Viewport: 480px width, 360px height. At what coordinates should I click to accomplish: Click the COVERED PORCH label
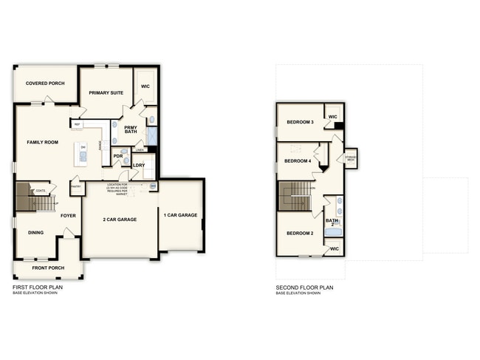[45, 84]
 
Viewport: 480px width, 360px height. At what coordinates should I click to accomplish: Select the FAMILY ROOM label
[43, 142]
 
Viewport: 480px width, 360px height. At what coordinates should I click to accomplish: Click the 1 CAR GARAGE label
[180, 215]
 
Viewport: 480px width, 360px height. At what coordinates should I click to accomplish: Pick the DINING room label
[35, 233]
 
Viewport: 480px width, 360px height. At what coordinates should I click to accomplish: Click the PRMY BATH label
[131, 130]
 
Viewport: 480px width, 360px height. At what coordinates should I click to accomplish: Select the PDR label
[117, 156]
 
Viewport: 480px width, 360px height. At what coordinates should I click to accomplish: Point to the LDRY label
[139, 165]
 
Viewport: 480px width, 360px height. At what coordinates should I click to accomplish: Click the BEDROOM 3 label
[300, 122]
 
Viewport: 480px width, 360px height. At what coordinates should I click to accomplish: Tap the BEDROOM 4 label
[297, 160]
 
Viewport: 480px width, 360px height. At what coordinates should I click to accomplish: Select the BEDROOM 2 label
[300, 234]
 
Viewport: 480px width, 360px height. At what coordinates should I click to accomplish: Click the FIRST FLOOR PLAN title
[38, 287]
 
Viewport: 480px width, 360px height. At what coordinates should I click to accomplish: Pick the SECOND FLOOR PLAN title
[305, 287]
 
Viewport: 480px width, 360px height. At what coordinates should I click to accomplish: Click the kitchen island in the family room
[83, 152]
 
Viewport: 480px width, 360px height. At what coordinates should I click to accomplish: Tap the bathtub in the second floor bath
[333, 232]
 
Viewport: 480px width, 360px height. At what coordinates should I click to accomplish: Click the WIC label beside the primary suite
[145, 86]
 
